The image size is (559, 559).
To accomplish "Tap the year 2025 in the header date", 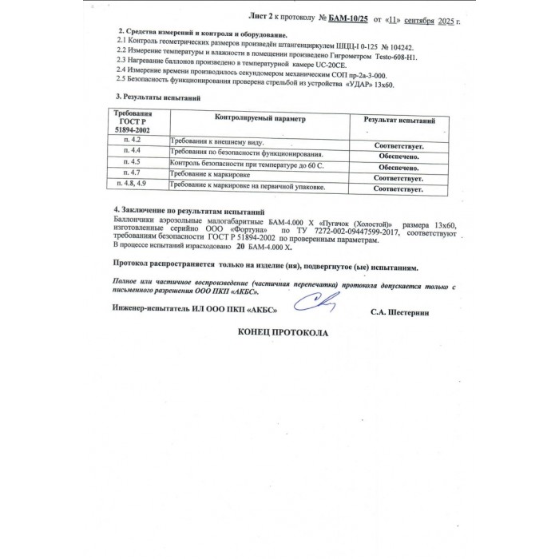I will pyautogui.click(x=451, y=18).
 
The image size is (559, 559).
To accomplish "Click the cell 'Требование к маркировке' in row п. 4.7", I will pyautogui.click(x=210, y=173).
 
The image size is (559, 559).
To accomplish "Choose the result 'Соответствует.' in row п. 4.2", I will pyautogui.click(x=398, y=146).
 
